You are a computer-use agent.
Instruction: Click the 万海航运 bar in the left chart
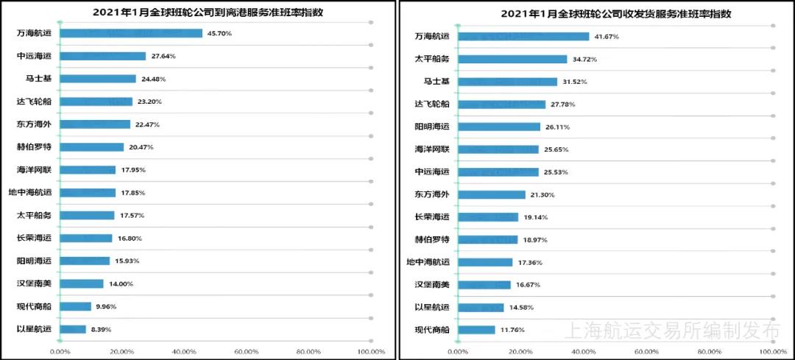point(131,33)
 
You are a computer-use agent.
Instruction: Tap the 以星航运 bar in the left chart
point(73,329)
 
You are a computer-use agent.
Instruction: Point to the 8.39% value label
point(101,329)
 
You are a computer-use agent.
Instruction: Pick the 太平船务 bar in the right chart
point(512,59)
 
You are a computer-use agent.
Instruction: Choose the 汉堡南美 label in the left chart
point(35,283)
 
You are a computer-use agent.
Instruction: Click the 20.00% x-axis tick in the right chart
point(520,352)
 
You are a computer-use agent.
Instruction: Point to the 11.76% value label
point(512,330)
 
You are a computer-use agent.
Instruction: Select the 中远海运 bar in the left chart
point(103,56)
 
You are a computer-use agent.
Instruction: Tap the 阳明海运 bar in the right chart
point(499,127)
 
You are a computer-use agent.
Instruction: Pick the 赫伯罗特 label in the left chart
point(35,147)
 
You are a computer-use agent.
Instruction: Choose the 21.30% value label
point(542,194)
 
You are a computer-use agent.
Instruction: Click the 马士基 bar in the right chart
point(507,82)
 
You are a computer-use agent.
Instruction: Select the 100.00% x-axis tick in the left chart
point(371,352)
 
